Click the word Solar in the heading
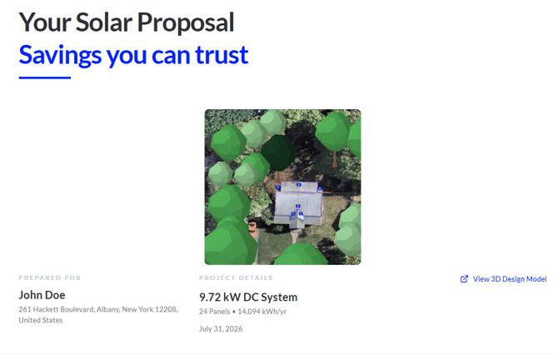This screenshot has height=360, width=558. [104, 22]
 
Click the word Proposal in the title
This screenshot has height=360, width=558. [186, 23]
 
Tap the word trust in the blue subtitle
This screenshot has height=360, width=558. [222, 55]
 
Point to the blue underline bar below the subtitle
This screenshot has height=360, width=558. [45, 77]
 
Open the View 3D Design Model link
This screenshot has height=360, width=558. [509, 279]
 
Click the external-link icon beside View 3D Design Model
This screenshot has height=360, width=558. [464, 279]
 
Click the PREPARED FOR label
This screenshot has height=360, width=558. [50, 277]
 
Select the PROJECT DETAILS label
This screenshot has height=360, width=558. [236, 277]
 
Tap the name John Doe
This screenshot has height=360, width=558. [42, 295]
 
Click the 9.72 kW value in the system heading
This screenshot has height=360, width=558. [220, 297]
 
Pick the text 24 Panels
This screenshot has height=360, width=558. [215, 312]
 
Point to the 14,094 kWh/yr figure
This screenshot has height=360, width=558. [262, 312]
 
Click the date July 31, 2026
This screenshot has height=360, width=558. [221, 328]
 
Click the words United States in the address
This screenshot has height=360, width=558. [41, 320]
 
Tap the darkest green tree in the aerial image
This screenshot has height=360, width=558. [278, 152]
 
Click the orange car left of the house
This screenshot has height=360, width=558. [252, 228]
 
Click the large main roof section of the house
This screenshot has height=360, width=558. [299, 204]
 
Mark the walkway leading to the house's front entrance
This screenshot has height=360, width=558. [296, 236]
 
